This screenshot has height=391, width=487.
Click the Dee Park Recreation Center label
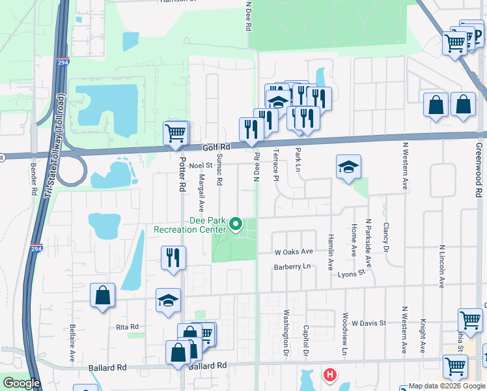coord(189,225)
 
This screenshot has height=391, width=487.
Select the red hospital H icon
coord(331,375)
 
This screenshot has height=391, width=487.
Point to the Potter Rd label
coord(182,176)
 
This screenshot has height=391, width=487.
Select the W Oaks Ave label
coord(294,252)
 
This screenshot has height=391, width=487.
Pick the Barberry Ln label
coord(293,267)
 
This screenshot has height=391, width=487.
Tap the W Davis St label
coord(369,323)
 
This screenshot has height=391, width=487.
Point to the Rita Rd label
coord(128,326)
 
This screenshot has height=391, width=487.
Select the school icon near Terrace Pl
coord(348,167)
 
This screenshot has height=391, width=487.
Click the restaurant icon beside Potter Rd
coord(173,257)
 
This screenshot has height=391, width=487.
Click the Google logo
coord(21,383)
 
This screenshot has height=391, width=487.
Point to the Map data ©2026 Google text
coord(446,386)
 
